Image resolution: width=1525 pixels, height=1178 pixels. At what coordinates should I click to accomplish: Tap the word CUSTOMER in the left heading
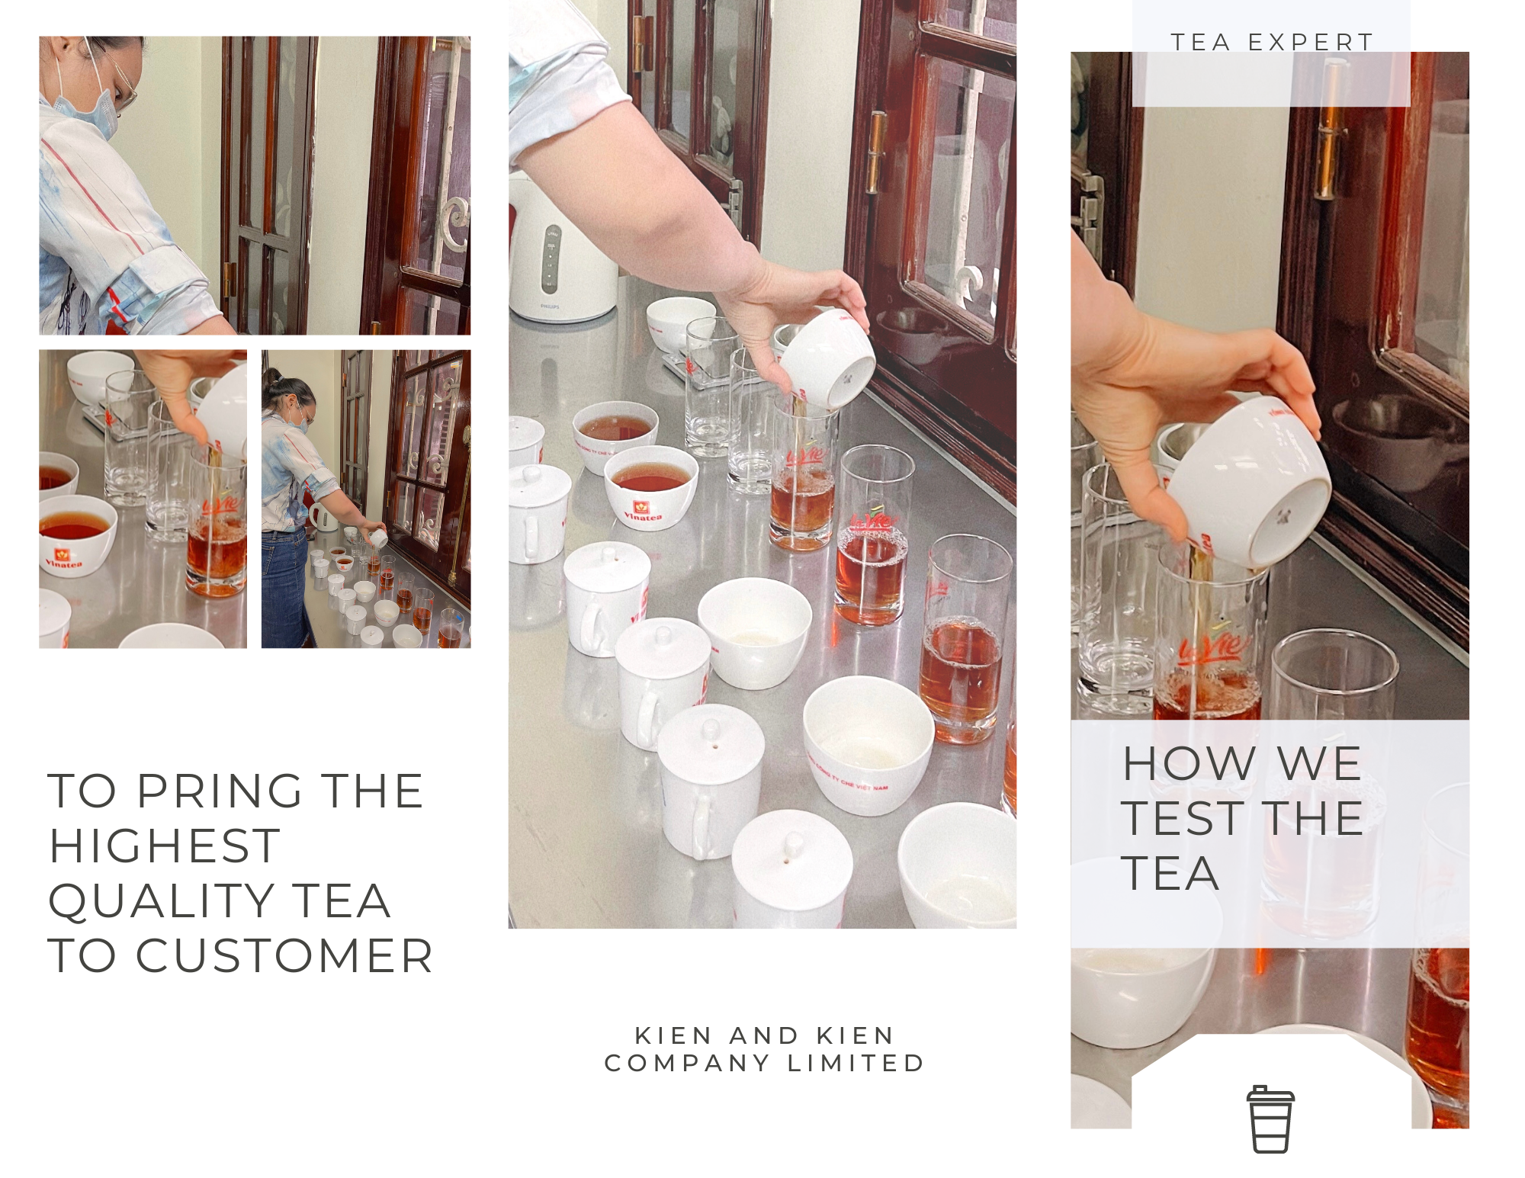click(x=284, y=956)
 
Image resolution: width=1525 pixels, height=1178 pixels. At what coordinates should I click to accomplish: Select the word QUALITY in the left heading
click(x=161, y=901)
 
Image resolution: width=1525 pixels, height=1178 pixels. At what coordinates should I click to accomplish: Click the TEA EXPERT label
click(x=1272, y=43)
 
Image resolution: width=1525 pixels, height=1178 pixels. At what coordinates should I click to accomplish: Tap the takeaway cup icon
click(x=1270, y=1119)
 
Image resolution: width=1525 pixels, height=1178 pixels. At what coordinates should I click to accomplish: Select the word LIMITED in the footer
click(x=856, y=1063)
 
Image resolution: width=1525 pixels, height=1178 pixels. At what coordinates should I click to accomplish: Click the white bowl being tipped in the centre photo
click(x=825, y=361)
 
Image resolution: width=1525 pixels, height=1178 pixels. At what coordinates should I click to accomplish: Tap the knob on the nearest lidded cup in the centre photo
click(x=794, y=845)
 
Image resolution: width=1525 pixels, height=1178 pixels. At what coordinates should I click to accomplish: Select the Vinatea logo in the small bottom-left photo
click(x=63, y=559)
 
